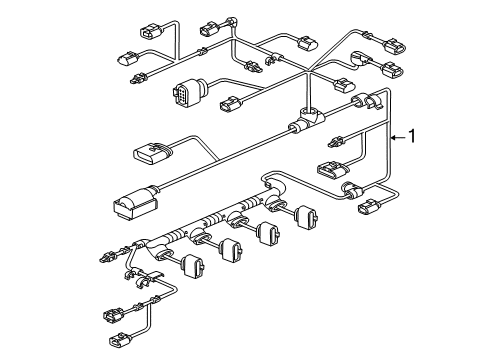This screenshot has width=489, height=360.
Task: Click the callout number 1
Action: [x=412, y=136]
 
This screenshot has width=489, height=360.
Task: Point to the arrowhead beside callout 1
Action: [x=394, y=137]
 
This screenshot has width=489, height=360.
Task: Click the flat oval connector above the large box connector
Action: [x=153, y=154]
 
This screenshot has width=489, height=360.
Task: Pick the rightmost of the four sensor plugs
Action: [x=306, y=217]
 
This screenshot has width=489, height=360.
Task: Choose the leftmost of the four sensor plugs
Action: [x=193, y=266]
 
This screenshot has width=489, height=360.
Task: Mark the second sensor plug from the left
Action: [x=231, y=250]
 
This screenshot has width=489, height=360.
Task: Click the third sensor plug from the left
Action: [x=268, y=233]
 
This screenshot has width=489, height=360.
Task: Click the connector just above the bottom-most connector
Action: [x=115, y=315]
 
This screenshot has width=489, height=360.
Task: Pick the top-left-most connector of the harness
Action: [x=151, y=30]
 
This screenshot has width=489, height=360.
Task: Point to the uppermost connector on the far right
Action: [x=395, y=46]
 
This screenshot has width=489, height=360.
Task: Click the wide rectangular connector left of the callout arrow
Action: [x=332, y=168]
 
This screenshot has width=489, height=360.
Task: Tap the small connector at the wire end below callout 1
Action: [x=368, y=206]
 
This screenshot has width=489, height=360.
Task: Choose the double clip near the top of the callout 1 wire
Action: [x=367, y=100]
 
